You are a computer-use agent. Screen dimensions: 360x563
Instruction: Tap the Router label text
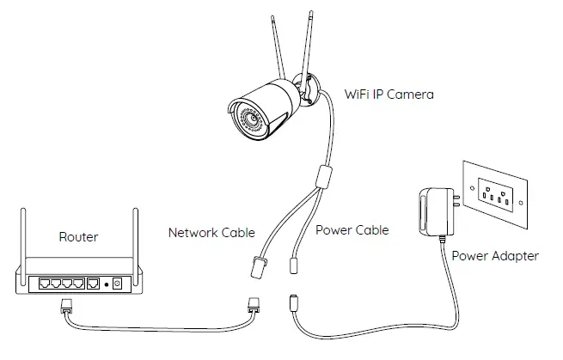click(x=78, y=237)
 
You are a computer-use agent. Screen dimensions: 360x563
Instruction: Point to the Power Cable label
click(x=352, y=230)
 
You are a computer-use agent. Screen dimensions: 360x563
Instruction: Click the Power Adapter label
click(x=495, y=255)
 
